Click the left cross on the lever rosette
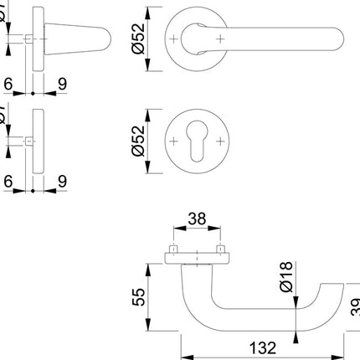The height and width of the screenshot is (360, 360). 173,39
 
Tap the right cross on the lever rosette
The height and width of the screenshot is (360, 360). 220,39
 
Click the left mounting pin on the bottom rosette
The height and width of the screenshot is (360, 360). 173,249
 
